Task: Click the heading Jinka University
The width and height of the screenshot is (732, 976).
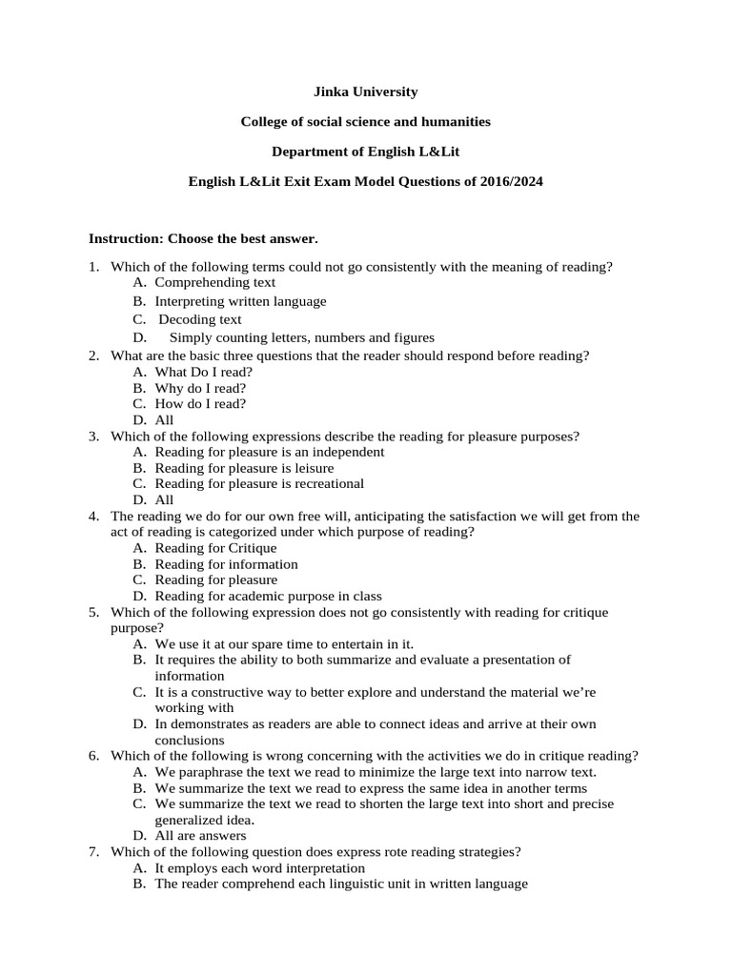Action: pyautogui.click(x=365, y=91)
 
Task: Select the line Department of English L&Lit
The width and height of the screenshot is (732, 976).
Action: pyautogui.click(x=365, y=152)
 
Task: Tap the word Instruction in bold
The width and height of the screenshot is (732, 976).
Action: pyautogui.click(x=126, y=236)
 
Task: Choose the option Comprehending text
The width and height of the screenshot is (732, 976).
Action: pyautogui.click(x=215, y=282)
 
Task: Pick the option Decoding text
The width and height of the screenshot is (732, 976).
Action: pyautogui.click(x=200, y=319)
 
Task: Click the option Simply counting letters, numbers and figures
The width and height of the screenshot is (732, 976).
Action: pyautogui.click(x=301, y=337)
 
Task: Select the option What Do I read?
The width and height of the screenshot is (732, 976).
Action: pyautogui.click(x=204, y=372)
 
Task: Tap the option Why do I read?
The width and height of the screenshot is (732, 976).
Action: pyautogui.click(x=200, y=388)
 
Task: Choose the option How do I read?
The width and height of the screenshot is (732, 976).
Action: pyautogui.click(x=200, y=403)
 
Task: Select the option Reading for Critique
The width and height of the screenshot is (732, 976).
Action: pyautogui.click(x=215, y=548)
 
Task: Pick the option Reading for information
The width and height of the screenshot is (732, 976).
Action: pyautogui.click(x=226, y=564)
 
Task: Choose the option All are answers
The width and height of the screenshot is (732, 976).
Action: pyautogui.click(x=200, y=836)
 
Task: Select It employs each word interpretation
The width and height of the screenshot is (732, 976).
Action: pyautogui.click(x=259, y=868)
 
